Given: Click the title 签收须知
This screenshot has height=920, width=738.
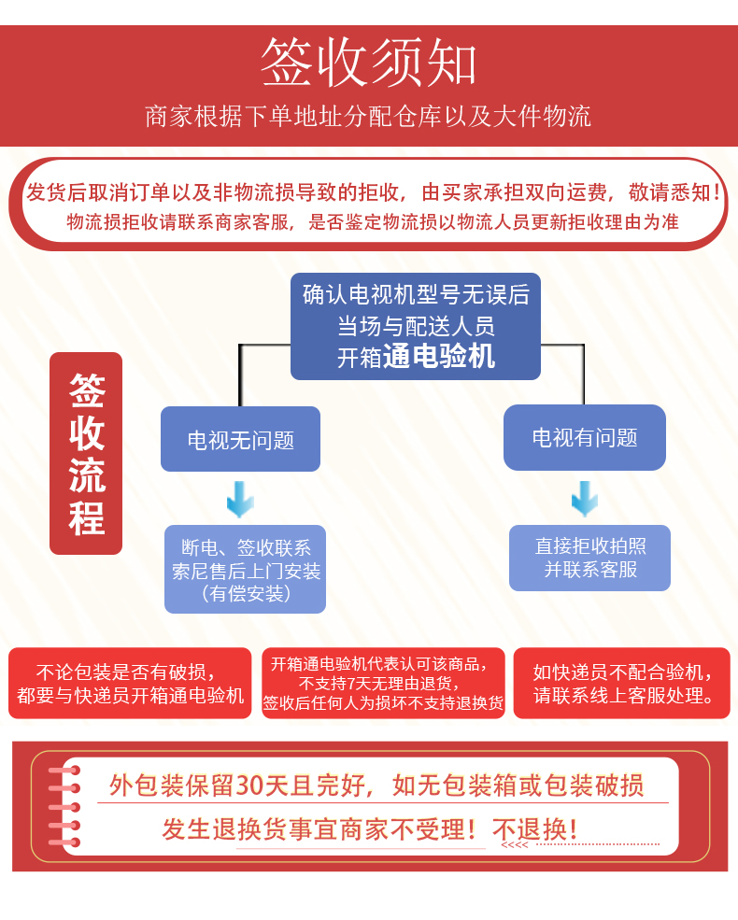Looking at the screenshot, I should (x=368, y=64).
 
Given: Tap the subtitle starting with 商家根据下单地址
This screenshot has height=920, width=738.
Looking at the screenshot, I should (x=368, y=117).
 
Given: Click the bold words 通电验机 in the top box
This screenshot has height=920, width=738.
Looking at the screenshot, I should (x=439, y=356).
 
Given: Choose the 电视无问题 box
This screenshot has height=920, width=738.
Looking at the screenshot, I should (x=240, y=439).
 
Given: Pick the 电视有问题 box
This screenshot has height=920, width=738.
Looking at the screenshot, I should (x=585, y=437).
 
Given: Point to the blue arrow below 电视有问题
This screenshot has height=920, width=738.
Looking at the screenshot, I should (x=585, y=499).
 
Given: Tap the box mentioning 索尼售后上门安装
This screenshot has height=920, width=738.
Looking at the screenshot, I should (x=246, y=570).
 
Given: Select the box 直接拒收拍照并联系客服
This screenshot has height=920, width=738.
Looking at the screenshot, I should (x=589, y=558).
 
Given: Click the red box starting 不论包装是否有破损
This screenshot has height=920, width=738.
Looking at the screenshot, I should (x=130, y=684).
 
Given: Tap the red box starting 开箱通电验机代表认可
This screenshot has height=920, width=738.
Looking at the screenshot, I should (x=383, y=683).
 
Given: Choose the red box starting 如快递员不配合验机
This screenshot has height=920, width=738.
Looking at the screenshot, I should (x=622, y=684).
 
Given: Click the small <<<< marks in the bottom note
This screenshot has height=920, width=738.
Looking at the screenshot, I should (x=515, y=845).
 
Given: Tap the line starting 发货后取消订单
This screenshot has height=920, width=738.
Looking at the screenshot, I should (x=374, y=193).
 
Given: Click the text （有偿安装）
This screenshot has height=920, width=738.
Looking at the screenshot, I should (x=246, y=593).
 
